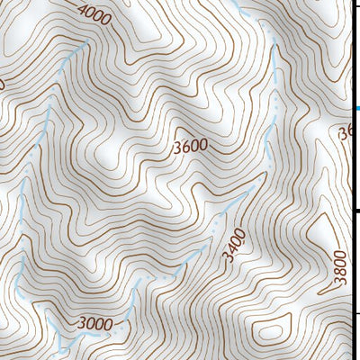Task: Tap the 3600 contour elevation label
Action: point(191,145)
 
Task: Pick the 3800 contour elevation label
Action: point(339,268)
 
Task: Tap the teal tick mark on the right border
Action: point(356,109)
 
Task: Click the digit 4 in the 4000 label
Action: point(83,10)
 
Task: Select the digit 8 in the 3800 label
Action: point(340,273)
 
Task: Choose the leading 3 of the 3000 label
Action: point(82,324)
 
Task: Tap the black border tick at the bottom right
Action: point(355,313)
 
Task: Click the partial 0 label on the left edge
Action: point(2,84)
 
